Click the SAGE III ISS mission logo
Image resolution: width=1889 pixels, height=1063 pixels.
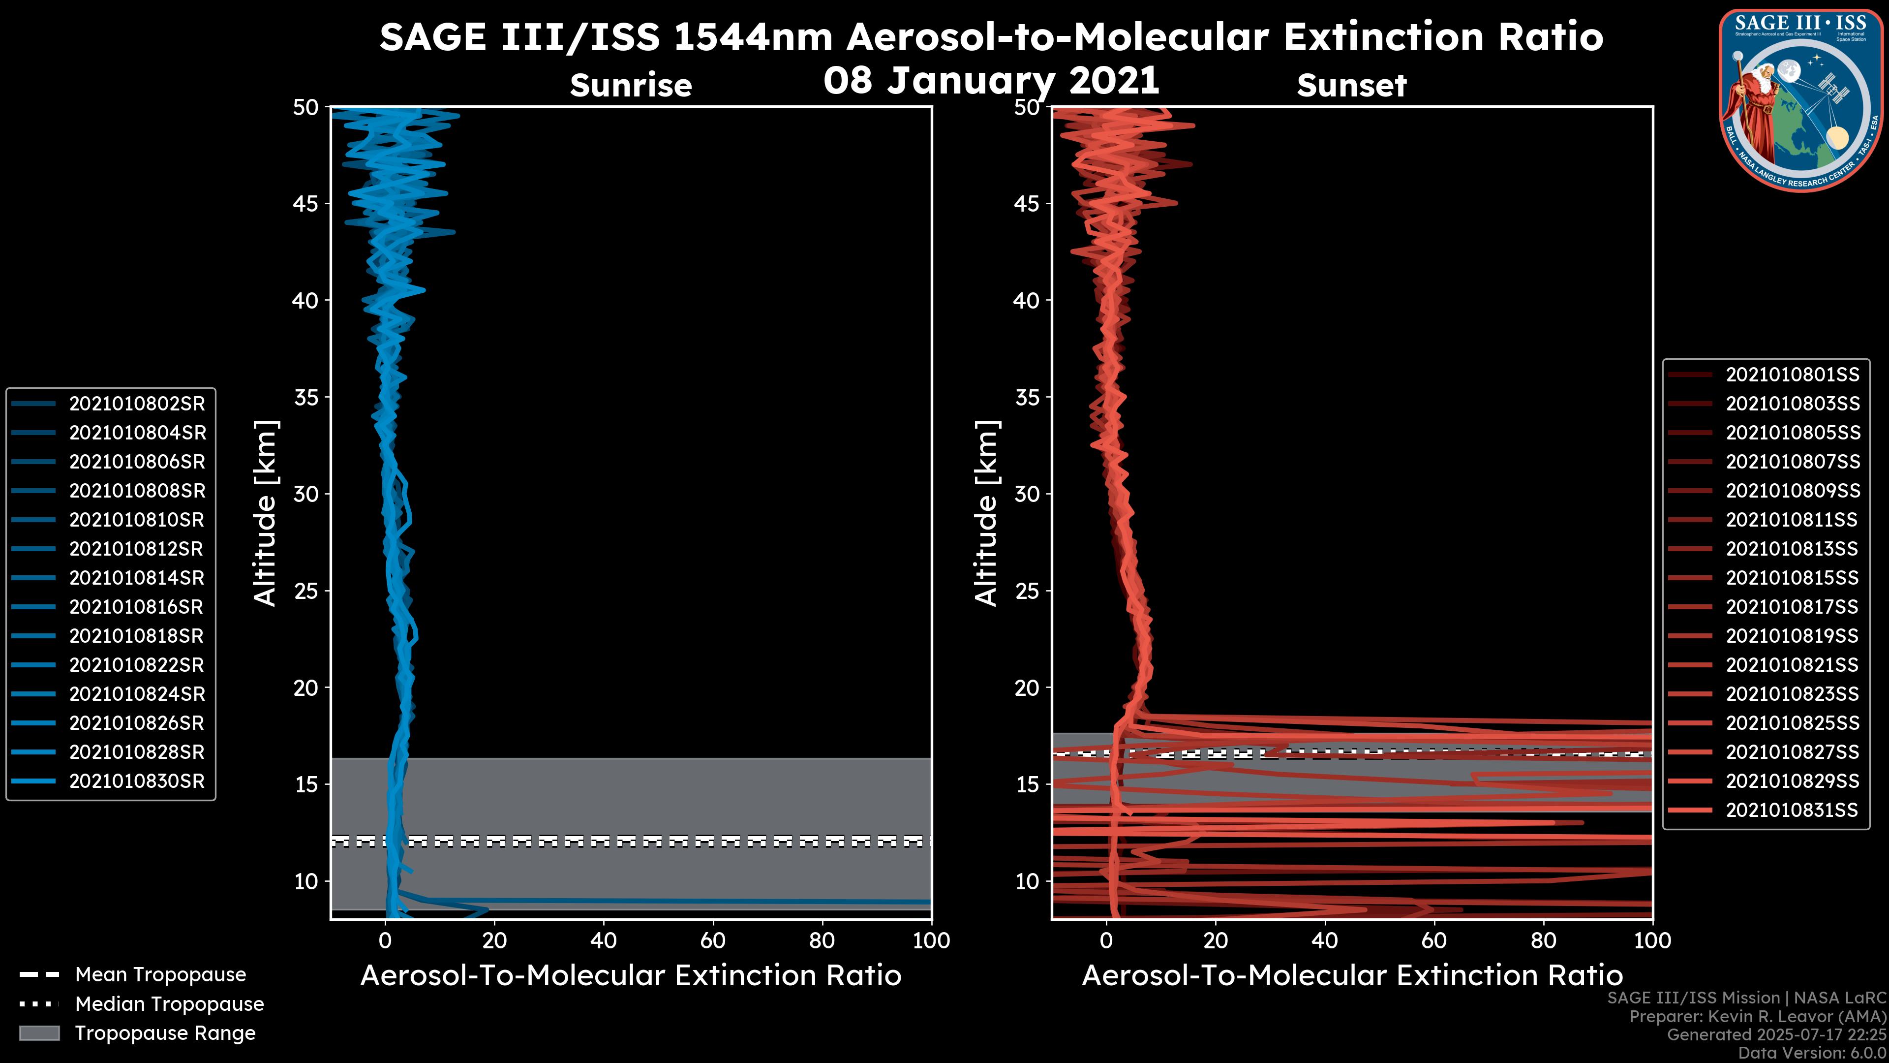pyautogui.click(x=1800, y=100)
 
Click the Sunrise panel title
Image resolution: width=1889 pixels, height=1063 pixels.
pyautogui.click(x=631, y=86)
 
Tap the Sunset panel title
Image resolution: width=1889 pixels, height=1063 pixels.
pyautogui.click(x=1351, y=86)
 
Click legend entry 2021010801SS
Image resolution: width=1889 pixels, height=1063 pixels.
pyautogui.click(x=1792, y=375)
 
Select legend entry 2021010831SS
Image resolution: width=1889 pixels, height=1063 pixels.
pyautogui.click(x=1792, y=810)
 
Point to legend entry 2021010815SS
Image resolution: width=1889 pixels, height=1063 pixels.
pyautogui.click(x=1792, y=578)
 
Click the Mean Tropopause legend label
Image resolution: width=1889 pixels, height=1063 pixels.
pyautogui.click(x=160, y=975)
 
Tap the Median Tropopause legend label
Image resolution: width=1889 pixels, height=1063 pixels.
pyautogui.click(x=169, y=1004)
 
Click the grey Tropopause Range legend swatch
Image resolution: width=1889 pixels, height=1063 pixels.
pyautogui.click(x=39, y=1033)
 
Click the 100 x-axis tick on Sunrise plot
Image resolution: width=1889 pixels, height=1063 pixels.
pyautogui.click(x=931, y=940)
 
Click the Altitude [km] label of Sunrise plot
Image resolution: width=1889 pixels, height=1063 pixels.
pyautogui.click(x=266, y=513)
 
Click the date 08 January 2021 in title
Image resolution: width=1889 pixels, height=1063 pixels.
pyautogui.click(x=991, y=81)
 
